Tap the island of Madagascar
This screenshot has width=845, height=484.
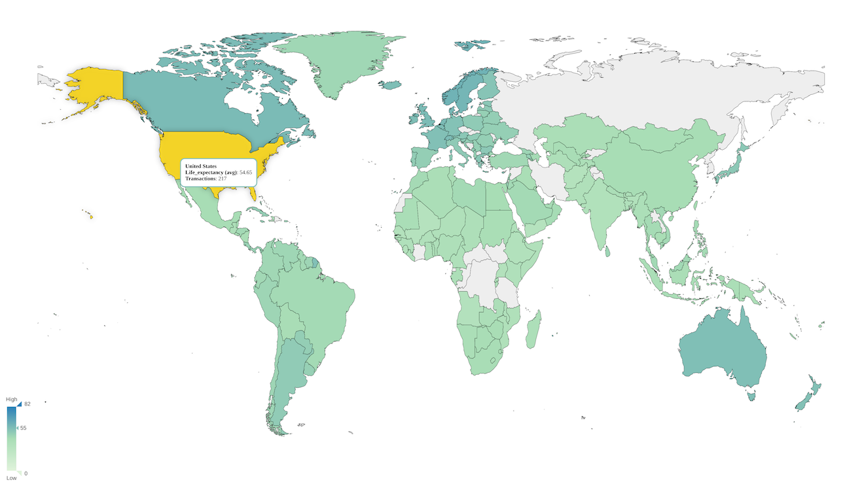tap(533, 330)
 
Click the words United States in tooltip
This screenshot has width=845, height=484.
tap(200, 166)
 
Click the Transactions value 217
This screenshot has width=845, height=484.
tap(222, 179)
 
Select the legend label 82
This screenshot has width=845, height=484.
tap(27, 404)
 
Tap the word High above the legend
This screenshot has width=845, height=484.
tap(12, 399)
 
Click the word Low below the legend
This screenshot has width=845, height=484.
tap(12, 478)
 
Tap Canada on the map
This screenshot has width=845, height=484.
tap(196, 98)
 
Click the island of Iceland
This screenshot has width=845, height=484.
tap(391, 85)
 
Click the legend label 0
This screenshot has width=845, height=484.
tap(26, 473)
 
